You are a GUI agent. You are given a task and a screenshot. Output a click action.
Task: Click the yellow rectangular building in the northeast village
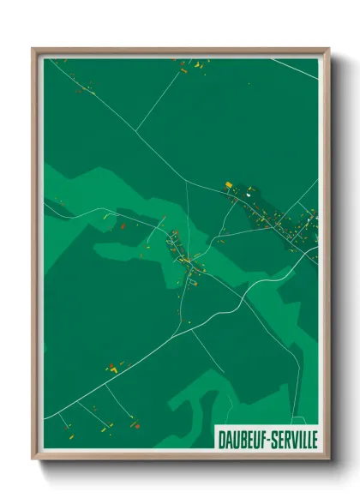click(230, 184)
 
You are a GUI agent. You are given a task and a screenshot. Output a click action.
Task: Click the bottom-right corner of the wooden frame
click(328, 458)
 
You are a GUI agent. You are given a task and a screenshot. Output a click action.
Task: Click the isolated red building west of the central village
click(123, 225)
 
